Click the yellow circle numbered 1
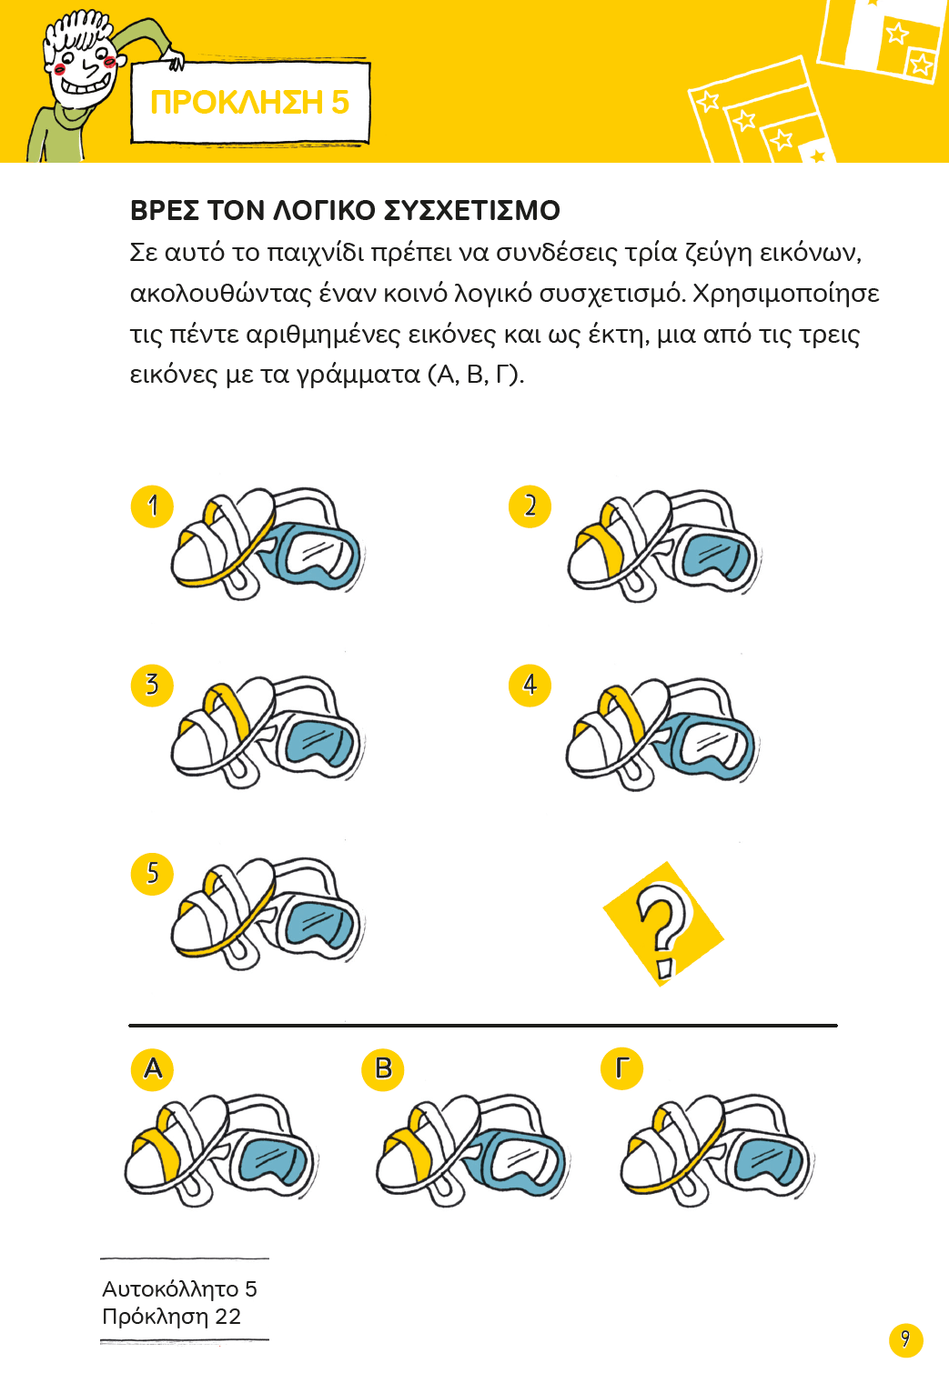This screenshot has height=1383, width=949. (x=152, y=506)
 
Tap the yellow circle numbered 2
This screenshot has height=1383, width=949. (x=530, y=506)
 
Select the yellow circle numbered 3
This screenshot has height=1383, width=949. (x=152, y=686)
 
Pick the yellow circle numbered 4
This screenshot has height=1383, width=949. (x=530, y=686)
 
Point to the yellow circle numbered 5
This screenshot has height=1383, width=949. (x=152, y=874)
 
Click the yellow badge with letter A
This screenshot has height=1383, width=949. (x=152, y=1069)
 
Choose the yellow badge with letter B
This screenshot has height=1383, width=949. (x=382, y=1069)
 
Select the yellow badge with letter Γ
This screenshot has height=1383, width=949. (x=621, y=1069)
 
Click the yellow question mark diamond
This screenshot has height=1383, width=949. (x=663, y=924)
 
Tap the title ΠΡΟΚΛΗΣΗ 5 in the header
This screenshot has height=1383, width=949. (x=249, y=103)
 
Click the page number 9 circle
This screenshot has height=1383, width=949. (x=905, y=1339)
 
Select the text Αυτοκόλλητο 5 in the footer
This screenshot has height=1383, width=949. (x=179, y=1288)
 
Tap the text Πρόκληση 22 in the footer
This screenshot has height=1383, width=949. (x=171, y=1317)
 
